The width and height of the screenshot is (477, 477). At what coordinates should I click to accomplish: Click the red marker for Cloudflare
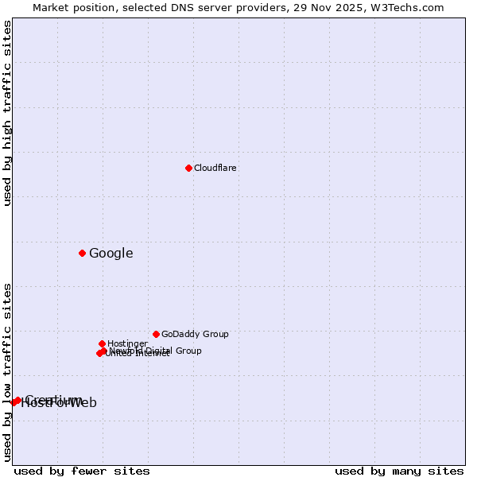click(188, 168)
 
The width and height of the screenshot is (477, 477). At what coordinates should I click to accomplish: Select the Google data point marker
click(82, 253)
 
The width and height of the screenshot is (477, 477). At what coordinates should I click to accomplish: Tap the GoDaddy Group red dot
click(156, 334)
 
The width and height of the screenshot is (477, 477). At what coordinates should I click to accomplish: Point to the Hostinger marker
click(102, 343)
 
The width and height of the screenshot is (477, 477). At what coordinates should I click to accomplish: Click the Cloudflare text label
click(215, 168)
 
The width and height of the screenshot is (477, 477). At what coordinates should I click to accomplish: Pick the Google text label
click(111, 254)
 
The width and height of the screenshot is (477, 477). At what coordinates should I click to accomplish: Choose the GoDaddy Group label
click(195, 335)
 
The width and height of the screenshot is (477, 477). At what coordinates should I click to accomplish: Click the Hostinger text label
click(127, 344)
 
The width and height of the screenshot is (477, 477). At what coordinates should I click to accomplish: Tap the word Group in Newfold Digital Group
click(188, 351)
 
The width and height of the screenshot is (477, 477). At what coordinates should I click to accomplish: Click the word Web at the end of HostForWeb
click(83, 403)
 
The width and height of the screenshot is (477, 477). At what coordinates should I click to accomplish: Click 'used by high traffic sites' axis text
click(8, 113)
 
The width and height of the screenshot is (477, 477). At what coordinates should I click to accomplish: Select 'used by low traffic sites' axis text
click(8, 371)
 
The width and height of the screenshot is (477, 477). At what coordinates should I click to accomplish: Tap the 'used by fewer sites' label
click(82, 471)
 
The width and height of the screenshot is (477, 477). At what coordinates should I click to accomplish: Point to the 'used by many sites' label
click(399, 471)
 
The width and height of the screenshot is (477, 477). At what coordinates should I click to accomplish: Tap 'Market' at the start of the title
click(52, 8)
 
